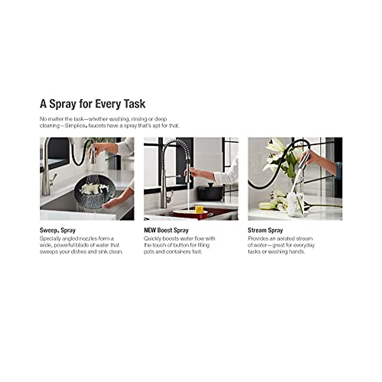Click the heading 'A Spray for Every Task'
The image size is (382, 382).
[92, 104]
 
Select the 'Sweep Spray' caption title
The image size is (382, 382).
[57, 230]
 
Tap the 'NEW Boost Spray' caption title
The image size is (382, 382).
[166, 230]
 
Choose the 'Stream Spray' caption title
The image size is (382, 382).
[265, 230]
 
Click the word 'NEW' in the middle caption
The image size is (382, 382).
[150, 230]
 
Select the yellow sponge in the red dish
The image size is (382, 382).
[199, 209]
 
